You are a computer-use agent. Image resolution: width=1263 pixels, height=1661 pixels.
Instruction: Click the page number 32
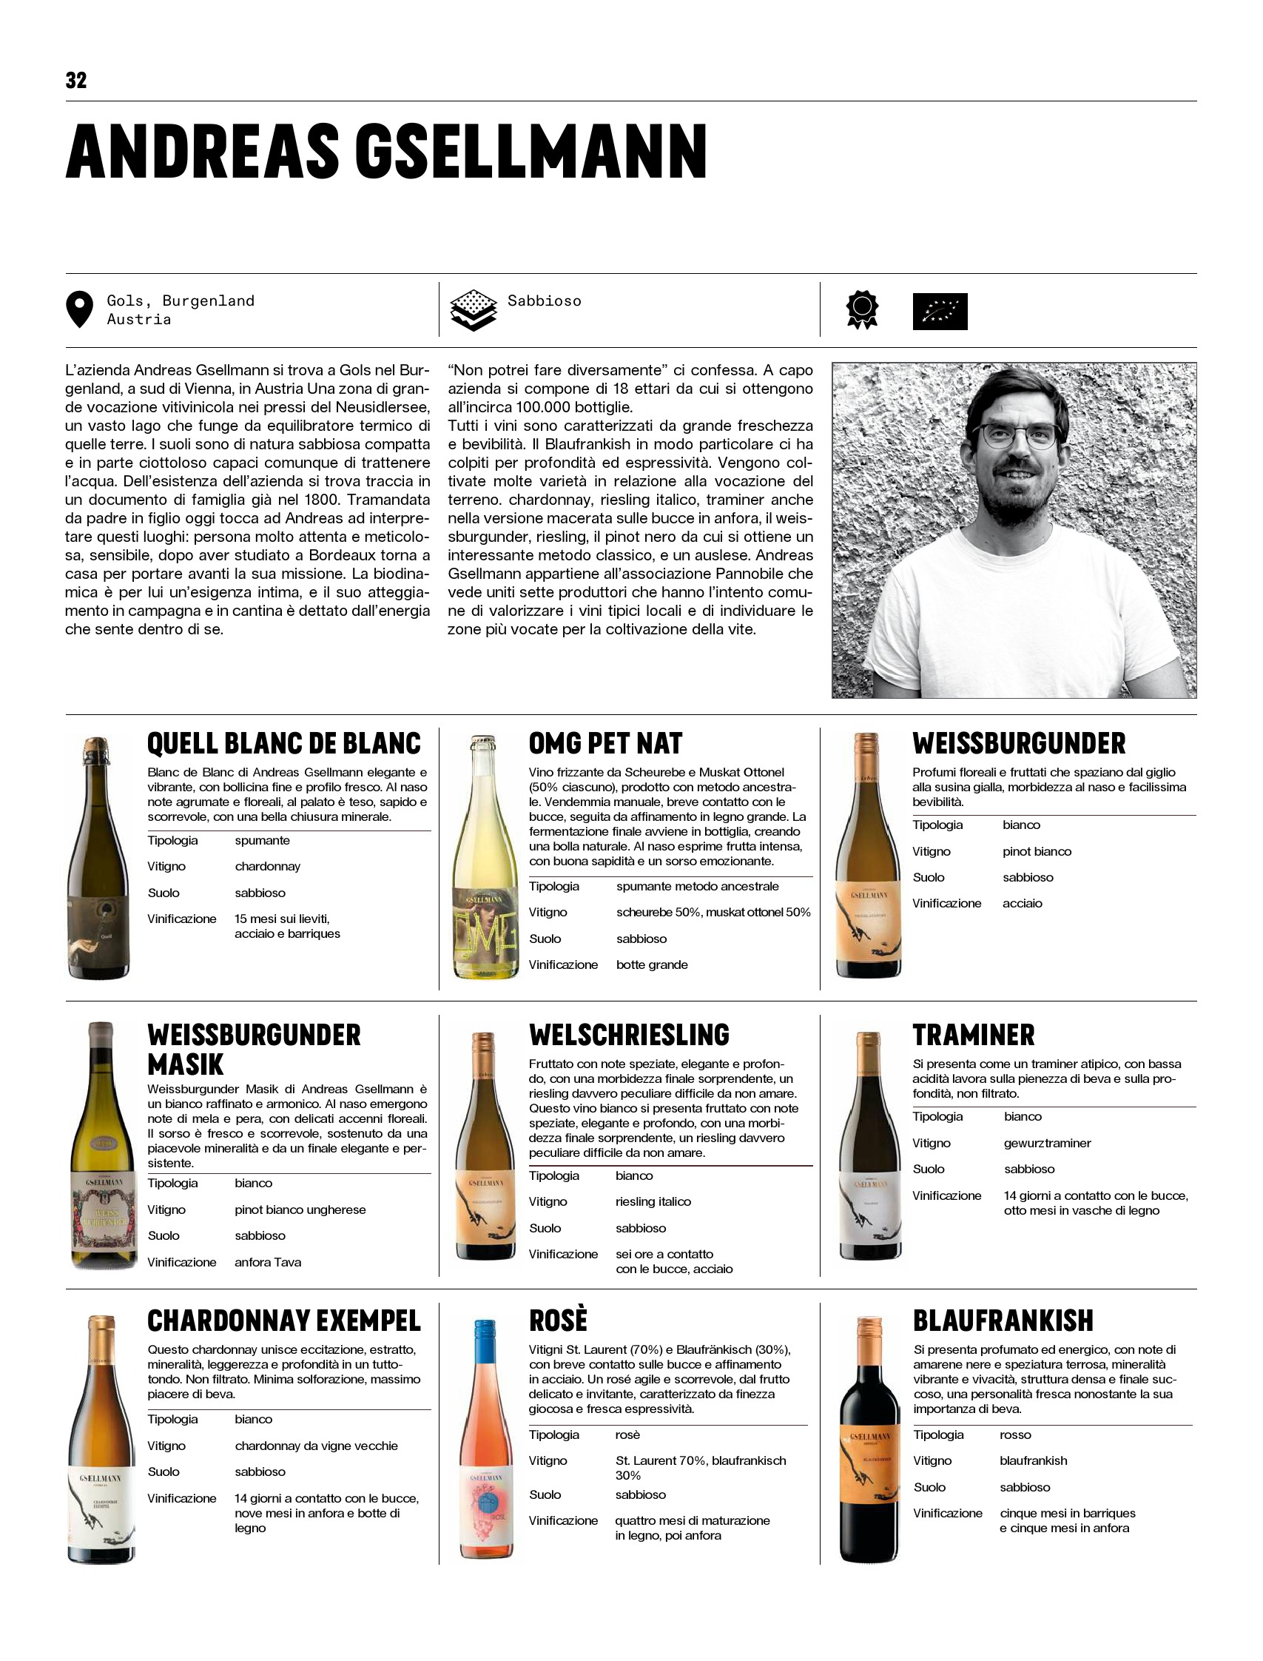click(76, 81)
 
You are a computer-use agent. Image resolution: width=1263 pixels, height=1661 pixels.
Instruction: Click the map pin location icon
click(79, 309)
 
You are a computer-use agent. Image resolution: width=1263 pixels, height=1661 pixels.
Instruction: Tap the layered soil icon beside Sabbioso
click(473, 310)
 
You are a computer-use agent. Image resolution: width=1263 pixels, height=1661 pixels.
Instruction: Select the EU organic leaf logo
click(940, 312)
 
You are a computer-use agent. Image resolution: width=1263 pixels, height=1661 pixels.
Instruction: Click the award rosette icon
click(862, 310)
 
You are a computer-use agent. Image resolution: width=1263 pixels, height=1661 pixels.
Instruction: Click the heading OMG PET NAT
click(605, 744)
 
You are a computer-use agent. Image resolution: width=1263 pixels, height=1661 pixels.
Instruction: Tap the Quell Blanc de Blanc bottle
click(98, 857)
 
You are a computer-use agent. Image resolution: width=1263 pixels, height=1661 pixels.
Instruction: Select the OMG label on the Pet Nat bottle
click(485, 933)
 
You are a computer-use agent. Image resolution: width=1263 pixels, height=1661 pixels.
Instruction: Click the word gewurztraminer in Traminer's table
click(1046, 1143)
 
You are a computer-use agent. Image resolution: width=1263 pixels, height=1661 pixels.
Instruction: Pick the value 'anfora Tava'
click(268, 1263)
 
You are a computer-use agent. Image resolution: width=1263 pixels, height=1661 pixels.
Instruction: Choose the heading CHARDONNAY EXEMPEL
click(283, 1321)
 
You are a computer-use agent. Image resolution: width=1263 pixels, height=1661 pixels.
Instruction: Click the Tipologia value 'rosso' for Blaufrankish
click(1015, 1434)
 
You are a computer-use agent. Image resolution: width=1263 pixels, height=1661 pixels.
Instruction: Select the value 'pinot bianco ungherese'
click(300, 1209)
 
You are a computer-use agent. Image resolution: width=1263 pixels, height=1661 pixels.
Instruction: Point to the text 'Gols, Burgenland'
click(181, 301)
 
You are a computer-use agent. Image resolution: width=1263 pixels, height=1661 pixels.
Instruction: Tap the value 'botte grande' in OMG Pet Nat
click(652, 964)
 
